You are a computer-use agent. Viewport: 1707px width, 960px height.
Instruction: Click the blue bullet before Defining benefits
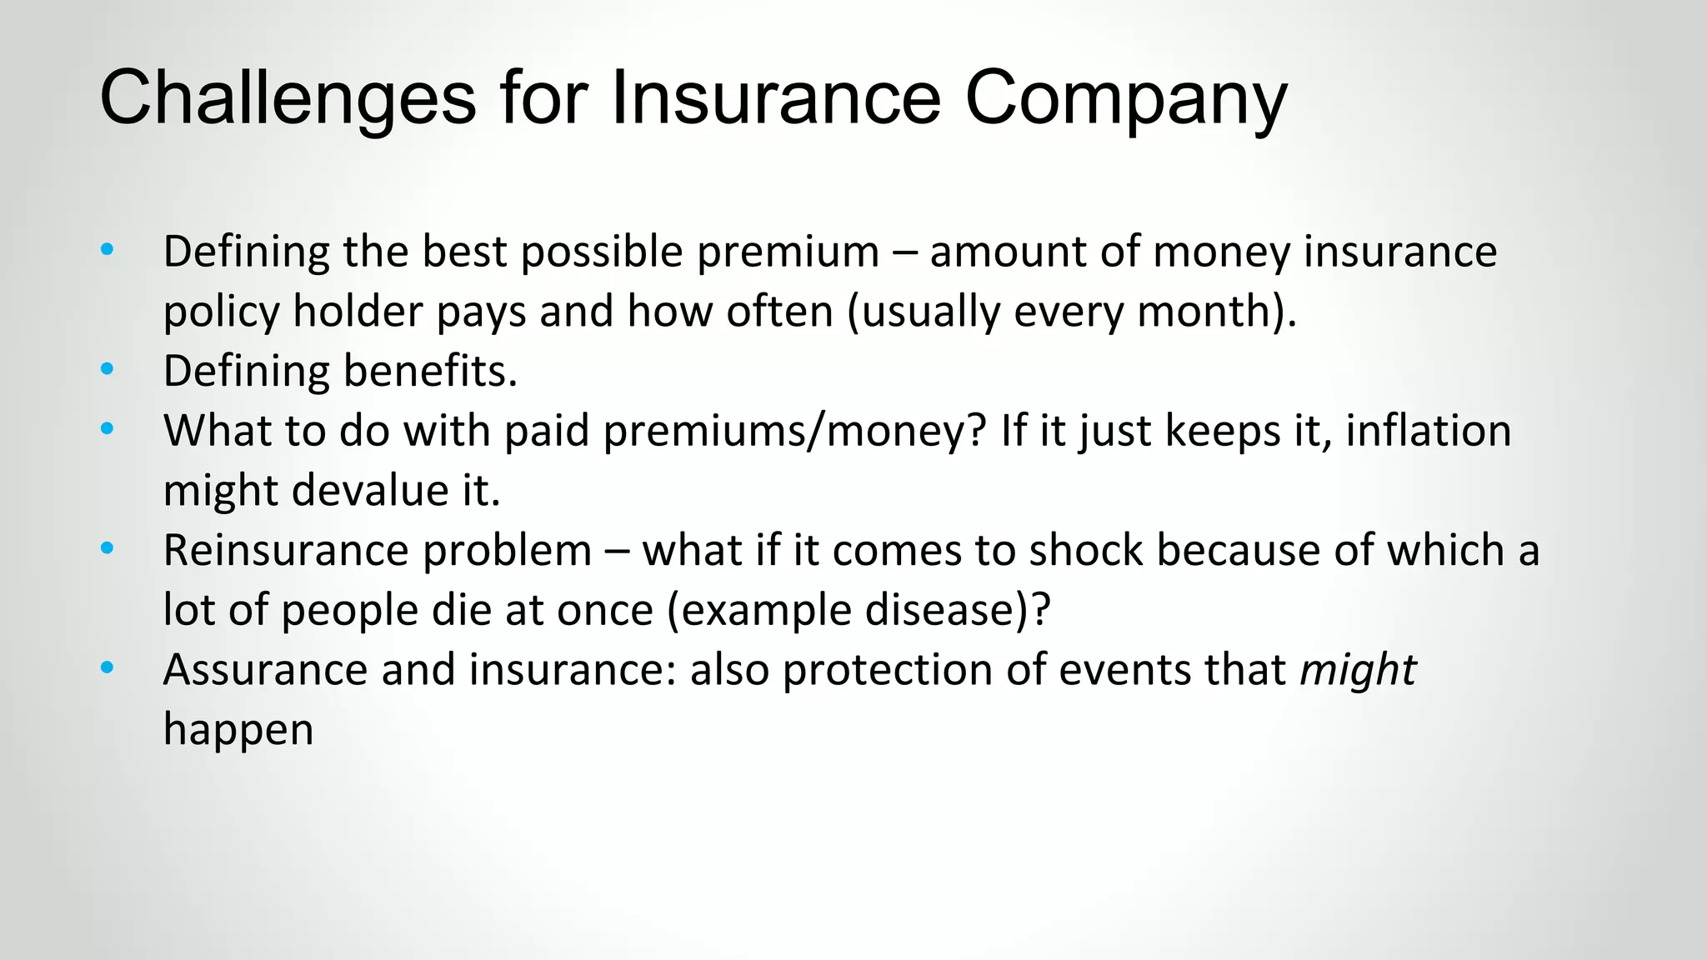click(x=107, y=369)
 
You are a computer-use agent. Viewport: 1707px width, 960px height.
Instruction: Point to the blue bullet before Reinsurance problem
click(x=107, y=548)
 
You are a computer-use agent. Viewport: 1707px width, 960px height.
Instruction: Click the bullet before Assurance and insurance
click(x=107, y=667)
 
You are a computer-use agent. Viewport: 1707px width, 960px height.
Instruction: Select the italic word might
click(x=1358, y=670)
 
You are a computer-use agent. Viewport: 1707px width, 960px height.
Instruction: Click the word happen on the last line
click(x=238, y=729)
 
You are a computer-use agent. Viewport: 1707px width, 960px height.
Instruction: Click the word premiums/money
click(x=794, y=432)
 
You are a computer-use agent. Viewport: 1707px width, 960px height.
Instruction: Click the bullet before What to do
click(x=107, y=429)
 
